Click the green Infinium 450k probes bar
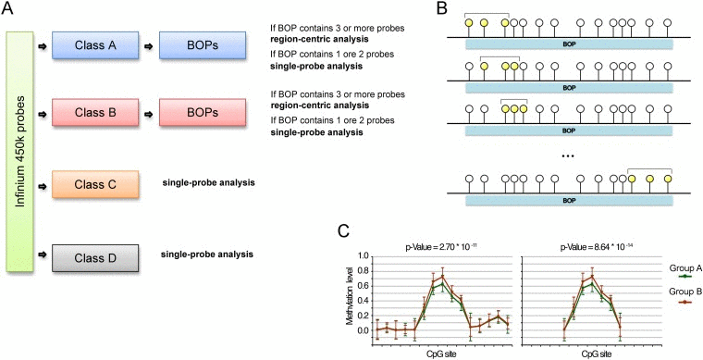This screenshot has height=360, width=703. (x=20, y=149)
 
